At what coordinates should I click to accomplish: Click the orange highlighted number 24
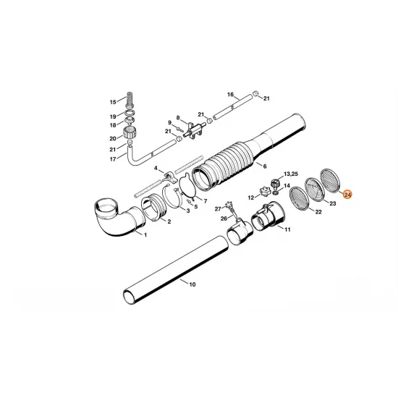point(347,195)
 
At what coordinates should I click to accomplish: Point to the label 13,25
point(290,174)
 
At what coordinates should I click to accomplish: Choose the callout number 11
point(287,230)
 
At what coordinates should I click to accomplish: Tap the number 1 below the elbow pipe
point(144,236)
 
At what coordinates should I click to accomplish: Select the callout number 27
point(217,208)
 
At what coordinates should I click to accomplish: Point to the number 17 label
point(112,159)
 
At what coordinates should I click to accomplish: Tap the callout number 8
point(177,117)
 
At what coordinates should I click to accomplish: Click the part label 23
point(334,205)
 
